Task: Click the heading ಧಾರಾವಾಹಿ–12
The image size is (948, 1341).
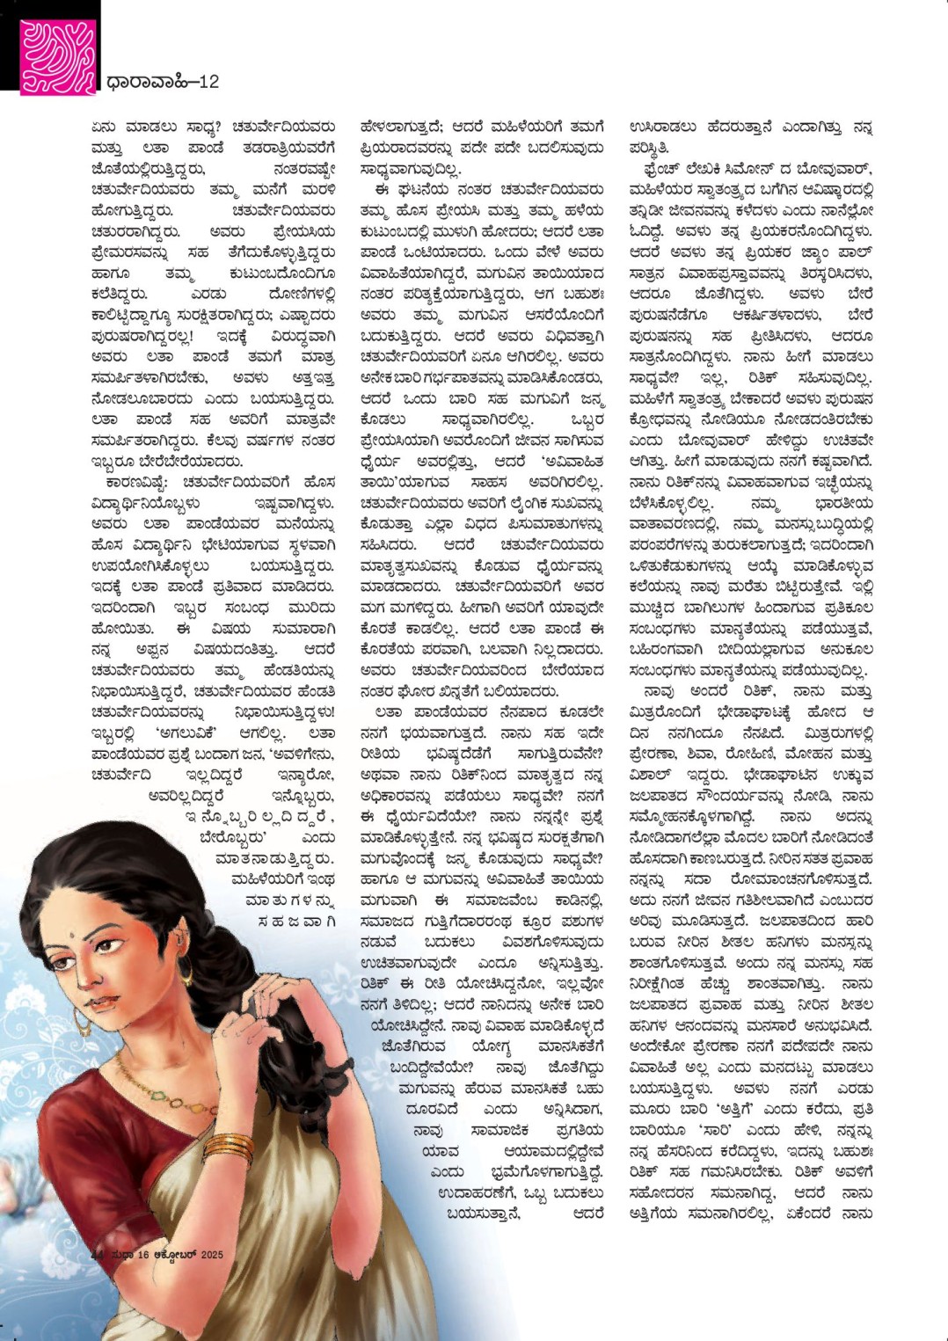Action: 162,82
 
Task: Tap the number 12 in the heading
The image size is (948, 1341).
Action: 208,82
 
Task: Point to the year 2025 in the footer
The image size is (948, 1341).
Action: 212,1255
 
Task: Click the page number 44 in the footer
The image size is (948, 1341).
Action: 98,1255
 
